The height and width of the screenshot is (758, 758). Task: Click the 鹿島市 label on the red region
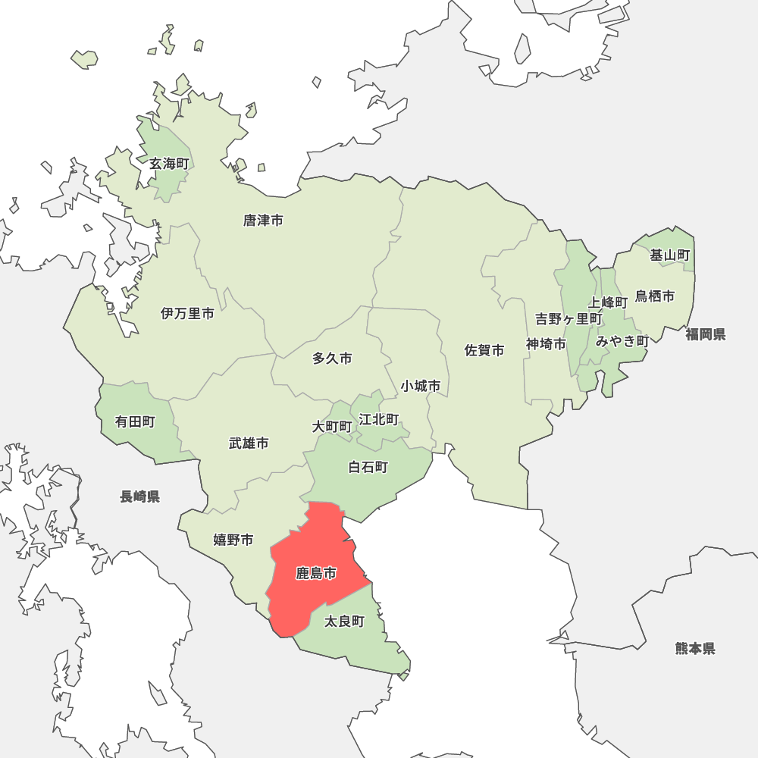316,574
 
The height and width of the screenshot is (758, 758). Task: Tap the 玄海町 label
168,164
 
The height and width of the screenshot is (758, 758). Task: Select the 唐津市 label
263,221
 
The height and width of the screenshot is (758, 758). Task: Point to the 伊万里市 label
187,313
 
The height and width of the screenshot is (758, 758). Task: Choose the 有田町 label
135,421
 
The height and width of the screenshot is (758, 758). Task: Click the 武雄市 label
249,443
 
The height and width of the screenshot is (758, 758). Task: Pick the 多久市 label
332,359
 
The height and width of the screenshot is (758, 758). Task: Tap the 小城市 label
421,386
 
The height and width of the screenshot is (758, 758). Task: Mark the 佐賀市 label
484,350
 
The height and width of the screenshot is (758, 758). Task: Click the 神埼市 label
547,344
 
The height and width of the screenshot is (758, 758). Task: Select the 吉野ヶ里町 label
568,319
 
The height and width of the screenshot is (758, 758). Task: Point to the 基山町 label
670,255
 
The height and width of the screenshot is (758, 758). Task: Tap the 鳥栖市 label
655,296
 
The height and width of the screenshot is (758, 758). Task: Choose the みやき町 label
622,341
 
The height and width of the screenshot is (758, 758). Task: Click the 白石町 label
368,467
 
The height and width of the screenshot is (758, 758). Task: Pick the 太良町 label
344,622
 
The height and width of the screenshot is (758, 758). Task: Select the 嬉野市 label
233,540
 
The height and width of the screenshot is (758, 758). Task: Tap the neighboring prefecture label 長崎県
140,496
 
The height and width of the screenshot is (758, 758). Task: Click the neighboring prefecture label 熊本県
695,648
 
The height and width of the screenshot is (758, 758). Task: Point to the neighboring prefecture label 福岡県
706,334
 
